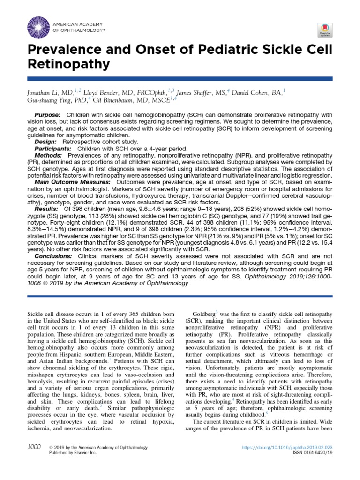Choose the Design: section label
45,141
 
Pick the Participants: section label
52,148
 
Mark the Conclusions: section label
53,257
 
